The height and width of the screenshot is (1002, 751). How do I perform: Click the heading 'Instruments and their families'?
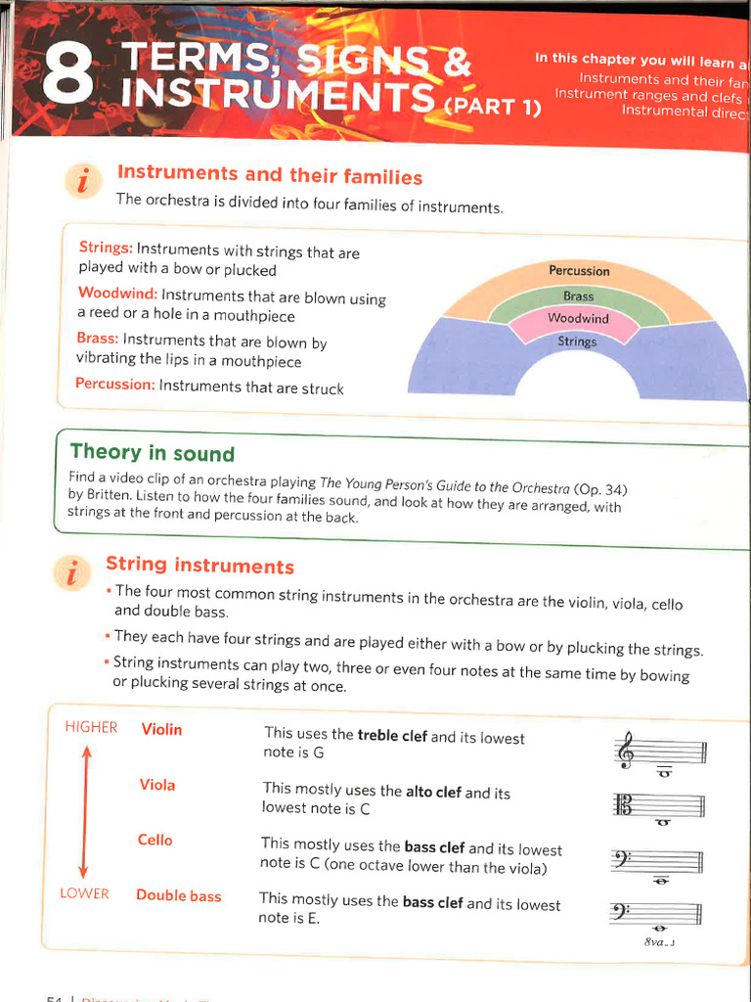coord(270,176)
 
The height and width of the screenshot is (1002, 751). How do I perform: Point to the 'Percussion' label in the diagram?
coord(579,271)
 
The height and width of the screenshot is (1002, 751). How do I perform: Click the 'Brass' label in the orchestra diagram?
coord(578,296)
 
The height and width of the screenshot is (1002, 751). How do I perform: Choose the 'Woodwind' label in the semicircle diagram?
coord(578,318)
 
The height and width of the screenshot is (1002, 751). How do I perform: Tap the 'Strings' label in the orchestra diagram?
coord(577,342)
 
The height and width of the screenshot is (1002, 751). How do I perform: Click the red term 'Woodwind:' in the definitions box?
coord(117,295)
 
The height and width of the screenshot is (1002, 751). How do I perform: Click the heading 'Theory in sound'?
coord(153,453)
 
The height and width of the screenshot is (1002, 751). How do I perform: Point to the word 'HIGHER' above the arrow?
coord(91,727)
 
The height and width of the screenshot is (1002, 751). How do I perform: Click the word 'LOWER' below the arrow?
coord(84,893)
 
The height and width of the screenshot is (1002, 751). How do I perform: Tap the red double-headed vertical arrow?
coord(85,811)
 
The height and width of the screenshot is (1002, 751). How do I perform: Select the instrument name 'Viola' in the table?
coord(157,784)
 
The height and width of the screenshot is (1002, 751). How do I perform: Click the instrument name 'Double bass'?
coord(178,895)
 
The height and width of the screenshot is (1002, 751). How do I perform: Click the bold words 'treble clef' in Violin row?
coord(392,736)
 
